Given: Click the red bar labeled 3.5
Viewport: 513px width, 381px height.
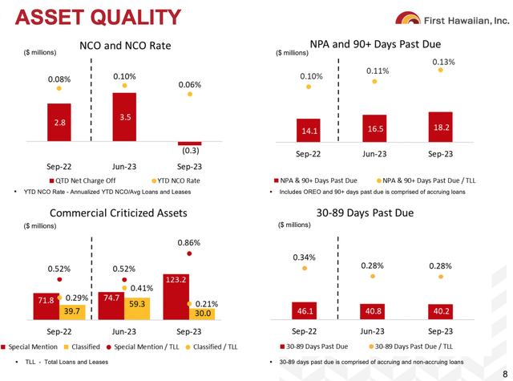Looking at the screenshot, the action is (x=124, y=117).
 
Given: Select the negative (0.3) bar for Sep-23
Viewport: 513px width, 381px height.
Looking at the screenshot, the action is (x=190, y=144).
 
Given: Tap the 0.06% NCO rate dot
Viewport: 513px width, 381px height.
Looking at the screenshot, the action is (x=190, y=95).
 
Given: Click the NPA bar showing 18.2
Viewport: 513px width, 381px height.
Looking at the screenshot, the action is (x=440, y=127).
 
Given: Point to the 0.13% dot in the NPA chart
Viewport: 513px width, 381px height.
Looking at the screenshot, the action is (x=440, y=70).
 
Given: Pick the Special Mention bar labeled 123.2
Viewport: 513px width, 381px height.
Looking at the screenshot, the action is (x=176, y=297).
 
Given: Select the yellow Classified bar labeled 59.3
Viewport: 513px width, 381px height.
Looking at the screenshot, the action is (x=137, y=309).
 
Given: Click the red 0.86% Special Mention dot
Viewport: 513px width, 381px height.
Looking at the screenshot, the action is (x=189, y=253).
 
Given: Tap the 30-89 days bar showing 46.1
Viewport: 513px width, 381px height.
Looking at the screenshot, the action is (x=305, y=310).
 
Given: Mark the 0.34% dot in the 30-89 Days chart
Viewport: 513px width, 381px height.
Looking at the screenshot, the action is (x=305, y=269).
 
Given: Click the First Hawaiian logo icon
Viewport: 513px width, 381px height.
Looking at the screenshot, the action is (x=408, y=18).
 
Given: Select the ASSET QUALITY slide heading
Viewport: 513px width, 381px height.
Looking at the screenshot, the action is (x=98, y=17).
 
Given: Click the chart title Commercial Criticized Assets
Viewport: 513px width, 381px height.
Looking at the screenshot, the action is (x=119, y=213).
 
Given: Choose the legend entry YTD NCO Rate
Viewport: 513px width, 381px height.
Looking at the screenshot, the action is (x=176, y=180).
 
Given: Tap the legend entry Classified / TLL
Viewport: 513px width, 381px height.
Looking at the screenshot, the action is (x=212, y=347).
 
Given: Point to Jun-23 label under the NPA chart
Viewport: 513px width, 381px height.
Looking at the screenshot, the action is (x=374, y=154).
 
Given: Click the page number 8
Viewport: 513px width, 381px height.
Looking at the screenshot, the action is (x=505, y=374).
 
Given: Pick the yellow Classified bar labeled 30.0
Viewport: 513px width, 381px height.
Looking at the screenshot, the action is (x=202, y=314).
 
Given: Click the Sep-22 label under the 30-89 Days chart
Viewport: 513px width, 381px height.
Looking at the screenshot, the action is (x=305, y=331).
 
